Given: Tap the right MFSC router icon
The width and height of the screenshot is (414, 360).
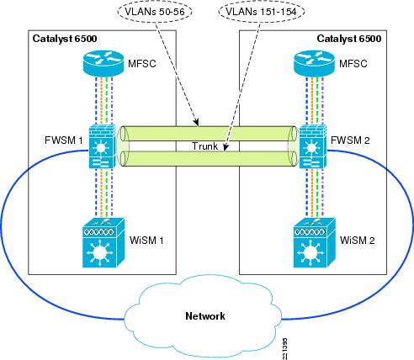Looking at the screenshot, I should [313, 63].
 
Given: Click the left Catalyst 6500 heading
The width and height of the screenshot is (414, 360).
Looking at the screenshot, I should [63, 40].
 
